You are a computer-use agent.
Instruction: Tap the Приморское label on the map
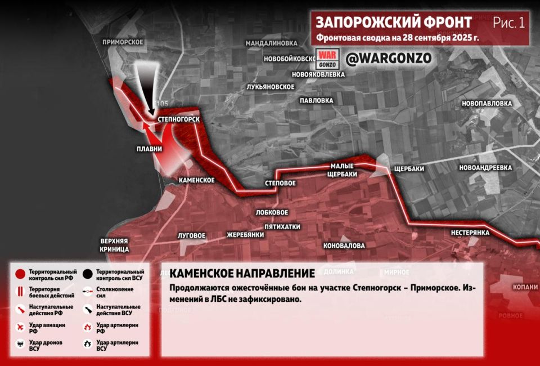point(123,42)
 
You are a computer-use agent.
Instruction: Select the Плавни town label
point(149,149)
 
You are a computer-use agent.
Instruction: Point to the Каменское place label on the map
point(196,180)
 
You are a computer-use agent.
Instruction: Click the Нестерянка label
point(470,233)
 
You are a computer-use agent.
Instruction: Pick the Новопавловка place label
point(487,104)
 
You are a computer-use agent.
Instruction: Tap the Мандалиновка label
point(271,43)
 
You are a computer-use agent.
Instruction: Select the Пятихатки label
point(282,227)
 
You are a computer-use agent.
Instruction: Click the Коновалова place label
point(344,246)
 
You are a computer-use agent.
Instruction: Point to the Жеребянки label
point(245,235)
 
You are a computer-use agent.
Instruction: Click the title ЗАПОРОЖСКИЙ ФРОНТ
point(394,23)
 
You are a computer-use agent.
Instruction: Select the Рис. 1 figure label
point(508,23)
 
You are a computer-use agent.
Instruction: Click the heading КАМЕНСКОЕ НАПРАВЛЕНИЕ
point(242,274)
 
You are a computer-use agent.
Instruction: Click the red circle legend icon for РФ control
point(20,275)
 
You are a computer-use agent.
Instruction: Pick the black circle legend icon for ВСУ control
point(87,275)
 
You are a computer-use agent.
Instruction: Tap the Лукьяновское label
point(271,86)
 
